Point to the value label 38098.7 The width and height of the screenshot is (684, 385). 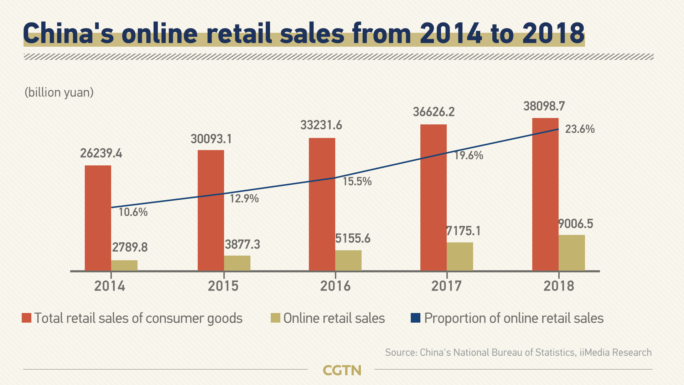point(544,106)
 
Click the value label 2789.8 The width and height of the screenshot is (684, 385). point(130,247)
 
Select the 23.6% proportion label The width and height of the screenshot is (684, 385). point(580,129)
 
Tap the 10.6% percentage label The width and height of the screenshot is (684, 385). point(133,212)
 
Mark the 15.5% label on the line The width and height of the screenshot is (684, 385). point(357,181)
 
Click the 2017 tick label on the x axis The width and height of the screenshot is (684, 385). point(446,286)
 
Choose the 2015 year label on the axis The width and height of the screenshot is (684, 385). point(223,286)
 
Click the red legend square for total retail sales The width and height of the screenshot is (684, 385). point(27,318)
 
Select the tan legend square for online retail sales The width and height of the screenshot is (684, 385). point(275,318)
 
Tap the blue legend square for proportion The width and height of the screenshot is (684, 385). point(415,318)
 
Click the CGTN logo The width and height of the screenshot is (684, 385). point(342,370)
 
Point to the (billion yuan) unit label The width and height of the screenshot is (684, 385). point(59,92)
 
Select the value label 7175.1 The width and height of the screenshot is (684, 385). point(463,231)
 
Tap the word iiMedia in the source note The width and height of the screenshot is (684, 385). point(594,353)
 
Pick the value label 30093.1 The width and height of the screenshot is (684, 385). point(211,139)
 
